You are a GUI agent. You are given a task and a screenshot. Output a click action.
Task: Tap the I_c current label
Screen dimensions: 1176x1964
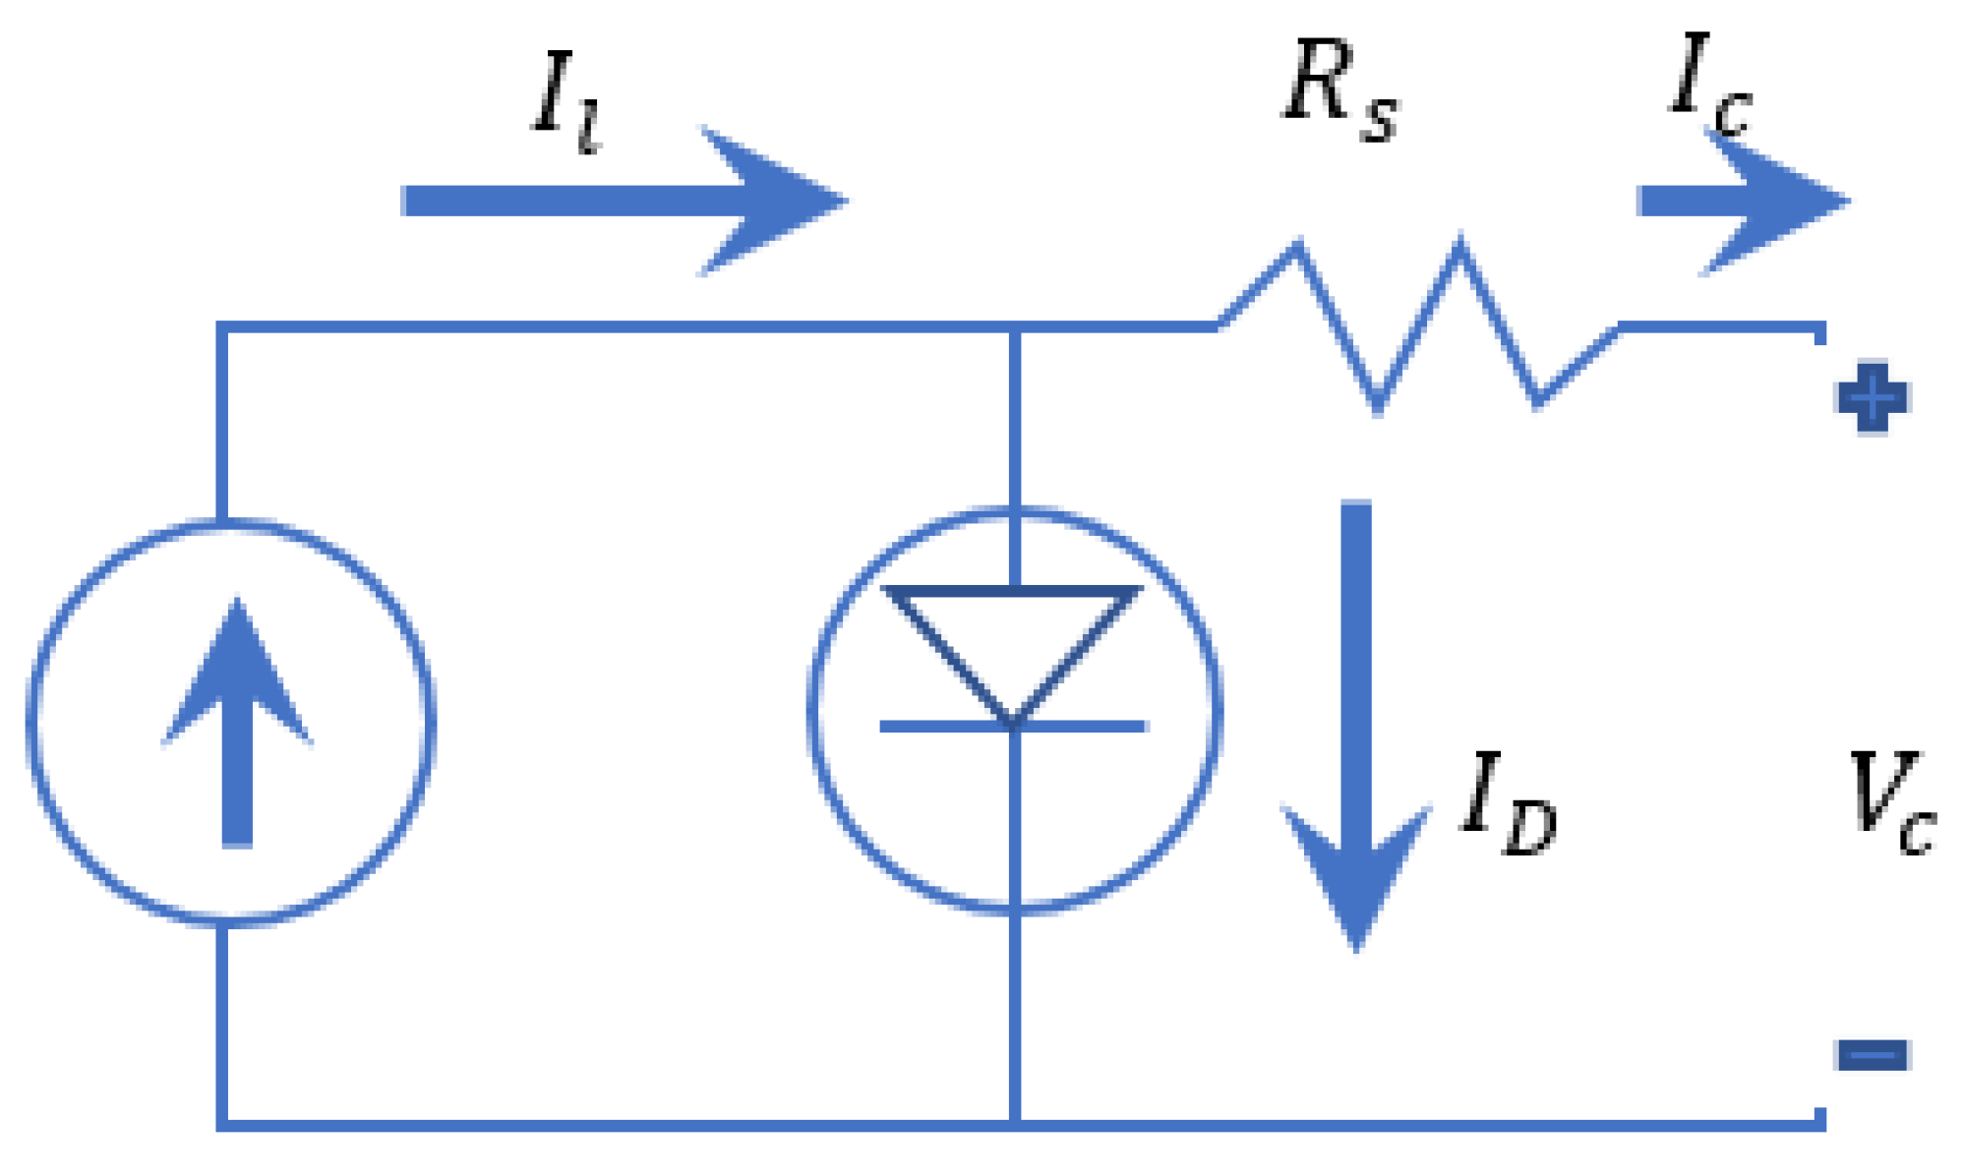click(1709, 84)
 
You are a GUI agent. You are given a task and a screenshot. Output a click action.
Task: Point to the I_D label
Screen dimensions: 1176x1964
click(1508, 801)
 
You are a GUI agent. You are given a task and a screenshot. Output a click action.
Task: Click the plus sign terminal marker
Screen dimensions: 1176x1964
click(1873, 397)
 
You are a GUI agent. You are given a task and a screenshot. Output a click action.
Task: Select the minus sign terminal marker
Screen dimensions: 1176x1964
click(1873, 1055)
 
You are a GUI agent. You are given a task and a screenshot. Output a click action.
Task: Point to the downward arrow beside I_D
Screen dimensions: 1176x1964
click(1356, 728)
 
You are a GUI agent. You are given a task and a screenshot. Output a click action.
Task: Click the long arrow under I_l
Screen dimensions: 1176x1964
click(625, 201)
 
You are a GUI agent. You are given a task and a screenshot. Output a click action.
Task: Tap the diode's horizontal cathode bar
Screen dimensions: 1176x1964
click(1014, 727)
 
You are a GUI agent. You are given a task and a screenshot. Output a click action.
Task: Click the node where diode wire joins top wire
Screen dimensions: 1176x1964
click(1014, 326)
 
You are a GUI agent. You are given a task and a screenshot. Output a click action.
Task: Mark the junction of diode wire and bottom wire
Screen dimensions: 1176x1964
click(1014, 1124)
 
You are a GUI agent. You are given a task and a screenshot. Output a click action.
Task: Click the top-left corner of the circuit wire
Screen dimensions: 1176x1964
click(222, 326)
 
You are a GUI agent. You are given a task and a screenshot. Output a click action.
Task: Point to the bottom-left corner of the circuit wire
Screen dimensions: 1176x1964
click(222, 1124)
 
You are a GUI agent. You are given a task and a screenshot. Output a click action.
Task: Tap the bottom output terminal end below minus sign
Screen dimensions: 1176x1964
click(1819, 1119)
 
